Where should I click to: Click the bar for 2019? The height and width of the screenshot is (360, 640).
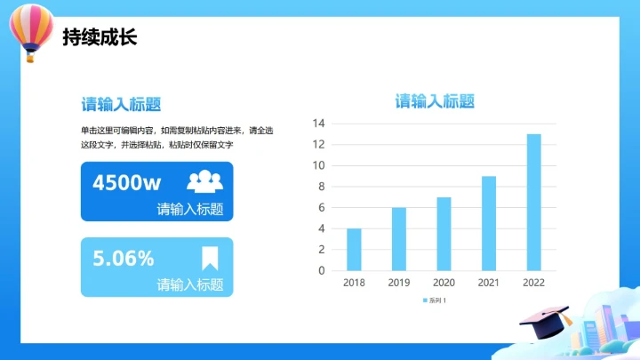(399, 238)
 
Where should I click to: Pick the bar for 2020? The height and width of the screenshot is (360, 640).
(444, 234)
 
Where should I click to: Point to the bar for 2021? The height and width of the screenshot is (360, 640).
(489, 223)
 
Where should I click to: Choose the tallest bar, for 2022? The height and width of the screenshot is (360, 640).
(533, 202)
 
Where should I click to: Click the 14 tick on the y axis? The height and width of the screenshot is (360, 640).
(319, 124)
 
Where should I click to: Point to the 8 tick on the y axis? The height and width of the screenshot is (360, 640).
(322, 187)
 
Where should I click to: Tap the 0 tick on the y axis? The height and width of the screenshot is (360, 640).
(322, 270)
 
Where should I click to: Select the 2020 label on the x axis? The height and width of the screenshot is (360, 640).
(444, 283)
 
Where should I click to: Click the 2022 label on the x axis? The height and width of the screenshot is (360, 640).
(533, 283)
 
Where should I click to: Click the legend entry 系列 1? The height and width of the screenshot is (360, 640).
(435, 300)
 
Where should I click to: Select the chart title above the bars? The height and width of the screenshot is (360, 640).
(435, 101)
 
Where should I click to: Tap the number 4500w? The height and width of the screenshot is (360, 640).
(126, 183)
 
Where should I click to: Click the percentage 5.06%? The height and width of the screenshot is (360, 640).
(124, 259)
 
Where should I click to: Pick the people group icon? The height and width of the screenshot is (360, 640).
(204, 182)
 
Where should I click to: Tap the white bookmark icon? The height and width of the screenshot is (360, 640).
(210, 258)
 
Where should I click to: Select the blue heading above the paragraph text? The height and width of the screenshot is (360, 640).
(121, 104)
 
